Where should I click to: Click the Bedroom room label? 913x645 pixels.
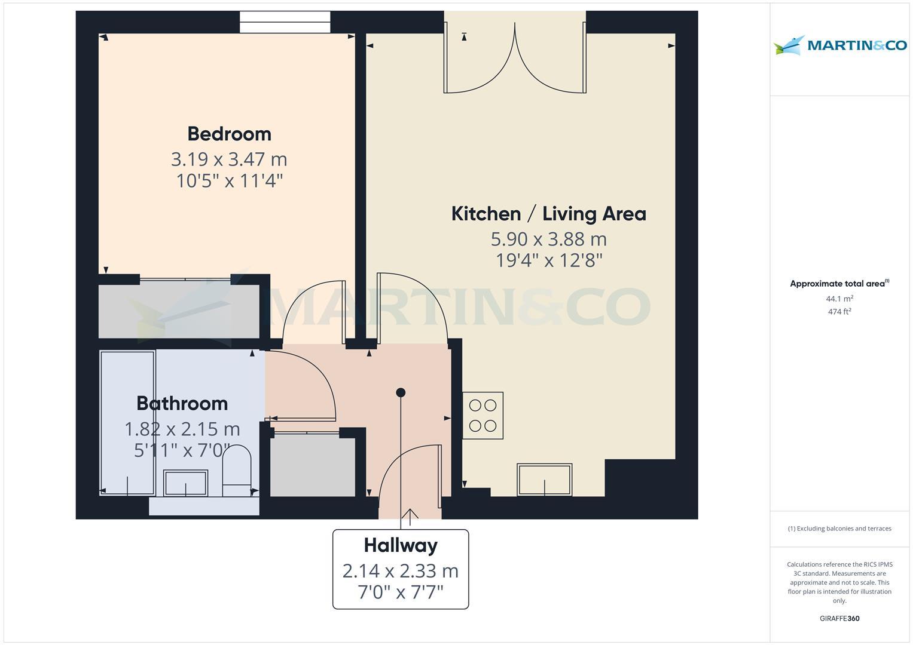click(230, 134)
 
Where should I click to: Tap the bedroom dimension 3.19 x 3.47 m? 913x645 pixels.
click(229, 159)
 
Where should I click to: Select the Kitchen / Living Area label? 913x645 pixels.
click(549, 214)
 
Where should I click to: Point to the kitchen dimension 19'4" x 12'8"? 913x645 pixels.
click(549, 260)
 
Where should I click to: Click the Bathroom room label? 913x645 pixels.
click(182, 404)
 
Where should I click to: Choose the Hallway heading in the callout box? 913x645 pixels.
click(401, 546)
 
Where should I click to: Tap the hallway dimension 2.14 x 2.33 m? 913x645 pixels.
click(401, 571)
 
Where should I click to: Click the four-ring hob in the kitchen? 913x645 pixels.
click(483, 415)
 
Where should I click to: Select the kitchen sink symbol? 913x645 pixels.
click(545, 480)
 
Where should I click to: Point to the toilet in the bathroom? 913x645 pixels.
click(236, 471)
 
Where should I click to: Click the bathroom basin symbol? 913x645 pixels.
click(186, 483)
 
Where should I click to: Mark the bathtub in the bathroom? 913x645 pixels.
click(127, 423)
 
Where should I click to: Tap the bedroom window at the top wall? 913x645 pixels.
click(285, 22)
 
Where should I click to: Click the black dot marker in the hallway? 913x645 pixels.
click(401, 392)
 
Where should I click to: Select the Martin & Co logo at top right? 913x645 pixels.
click(840, 45)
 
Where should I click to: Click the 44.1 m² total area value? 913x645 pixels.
click(839, 299)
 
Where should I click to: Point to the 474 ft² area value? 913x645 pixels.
click(839, 312)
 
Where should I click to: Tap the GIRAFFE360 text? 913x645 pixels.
click(839, 618)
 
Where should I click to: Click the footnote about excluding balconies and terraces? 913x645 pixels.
click(839, 529)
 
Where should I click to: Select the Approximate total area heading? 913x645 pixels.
click(839, 284)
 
